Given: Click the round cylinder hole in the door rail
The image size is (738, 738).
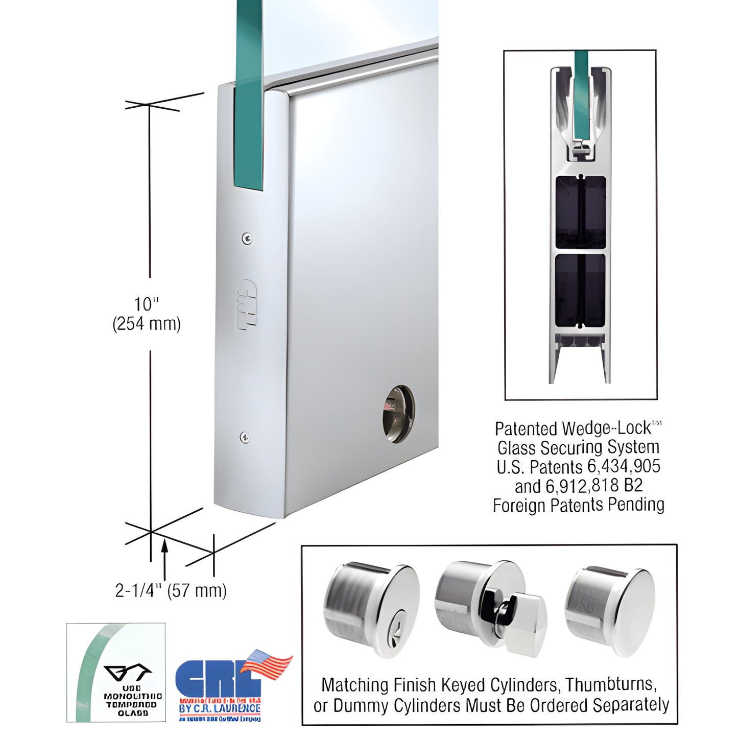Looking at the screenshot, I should point(398,414).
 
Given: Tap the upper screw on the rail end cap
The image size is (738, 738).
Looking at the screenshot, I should point(247,237).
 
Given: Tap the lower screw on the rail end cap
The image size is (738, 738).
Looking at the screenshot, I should point(245,437).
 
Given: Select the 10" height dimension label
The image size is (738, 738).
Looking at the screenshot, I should point(146,304).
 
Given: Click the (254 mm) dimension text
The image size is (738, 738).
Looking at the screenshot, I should point(147,324).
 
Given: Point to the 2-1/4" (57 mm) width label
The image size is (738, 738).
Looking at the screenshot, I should point(171,590).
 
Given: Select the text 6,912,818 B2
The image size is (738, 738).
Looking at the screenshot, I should point(594,486).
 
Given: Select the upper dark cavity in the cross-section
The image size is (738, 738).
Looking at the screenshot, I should point(581,212).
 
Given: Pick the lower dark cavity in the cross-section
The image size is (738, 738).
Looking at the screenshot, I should point(580,290).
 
